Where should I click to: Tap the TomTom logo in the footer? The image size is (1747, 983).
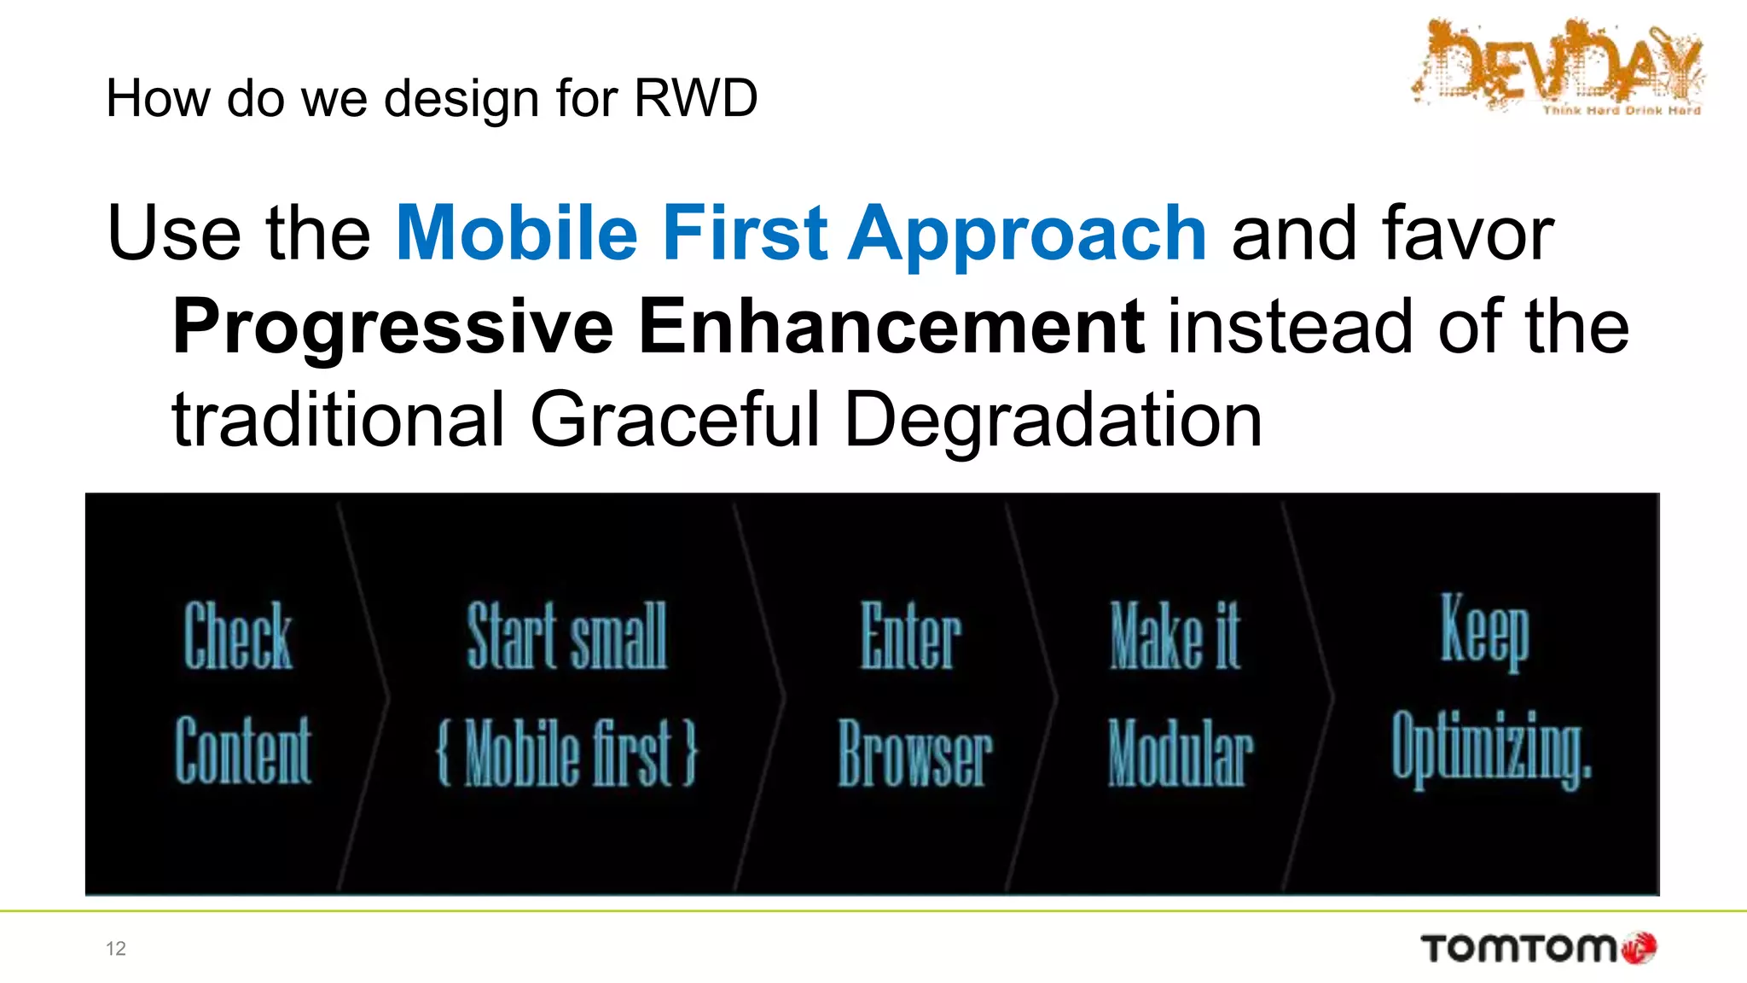1538,948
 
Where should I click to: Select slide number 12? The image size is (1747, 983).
116,949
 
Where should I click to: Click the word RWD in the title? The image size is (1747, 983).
695,98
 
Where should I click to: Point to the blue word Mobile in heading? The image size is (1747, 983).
517,233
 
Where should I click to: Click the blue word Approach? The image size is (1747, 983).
1027,235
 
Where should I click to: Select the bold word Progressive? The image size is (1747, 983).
392,327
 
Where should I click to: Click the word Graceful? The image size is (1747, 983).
674,419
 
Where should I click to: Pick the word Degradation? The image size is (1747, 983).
1053,419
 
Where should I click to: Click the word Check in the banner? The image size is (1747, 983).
238,636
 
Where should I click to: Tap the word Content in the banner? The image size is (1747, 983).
244,750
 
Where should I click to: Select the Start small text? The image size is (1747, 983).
567,636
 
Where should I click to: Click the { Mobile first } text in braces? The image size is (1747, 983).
567,752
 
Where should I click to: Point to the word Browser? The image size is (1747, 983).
915,753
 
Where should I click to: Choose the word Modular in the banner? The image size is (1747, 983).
1181,753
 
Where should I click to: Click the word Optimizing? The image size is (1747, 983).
1491,748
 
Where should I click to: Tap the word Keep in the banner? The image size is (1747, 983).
1485,631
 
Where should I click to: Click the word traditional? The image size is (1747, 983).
339,419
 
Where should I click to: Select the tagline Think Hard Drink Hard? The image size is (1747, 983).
1622,110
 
